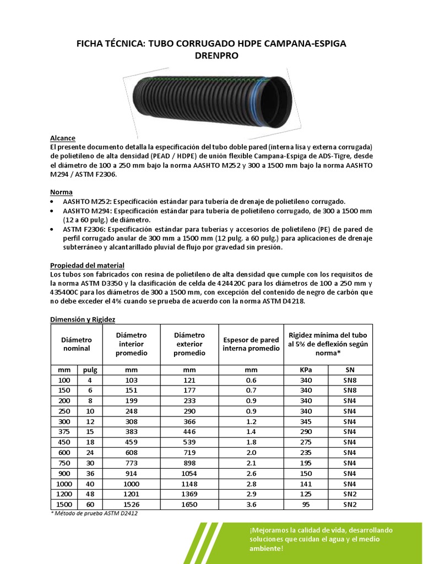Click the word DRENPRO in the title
tap(211, 56)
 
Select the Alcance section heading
tap(62, 138)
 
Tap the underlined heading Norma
tap(61, 193)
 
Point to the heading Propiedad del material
tap(87, 265)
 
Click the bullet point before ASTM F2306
tap(52, 229)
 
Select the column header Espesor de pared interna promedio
tap(251, 344)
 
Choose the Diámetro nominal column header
tap(77, 344)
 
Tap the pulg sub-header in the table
tap(90, 370)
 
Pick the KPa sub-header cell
tap(306, 370)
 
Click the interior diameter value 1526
tap(132, 505)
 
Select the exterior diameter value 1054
tap(189, 473)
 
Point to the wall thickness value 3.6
tap(251, 505)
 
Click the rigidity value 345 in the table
tap(306, 421)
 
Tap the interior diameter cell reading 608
tap(132, 452)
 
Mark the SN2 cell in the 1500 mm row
tap(350, 505)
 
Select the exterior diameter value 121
tap(189, 380)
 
